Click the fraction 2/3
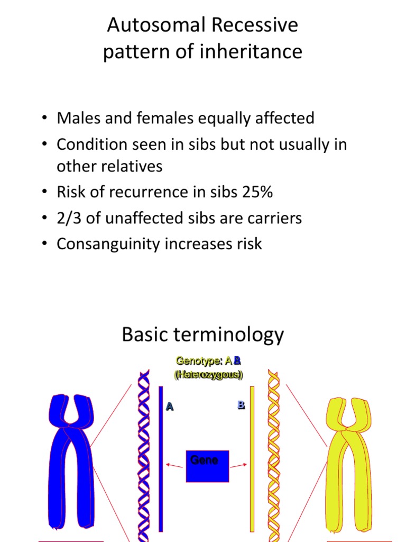click(x=68, y=218)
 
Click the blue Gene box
click(x=207, y=466)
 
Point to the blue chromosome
click(x=71, y=460)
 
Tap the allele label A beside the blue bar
click(x=170, y=406)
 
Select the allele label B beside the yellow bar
click(x=241, y=405)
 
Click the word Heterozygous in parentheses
click(x=208, y=375)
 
